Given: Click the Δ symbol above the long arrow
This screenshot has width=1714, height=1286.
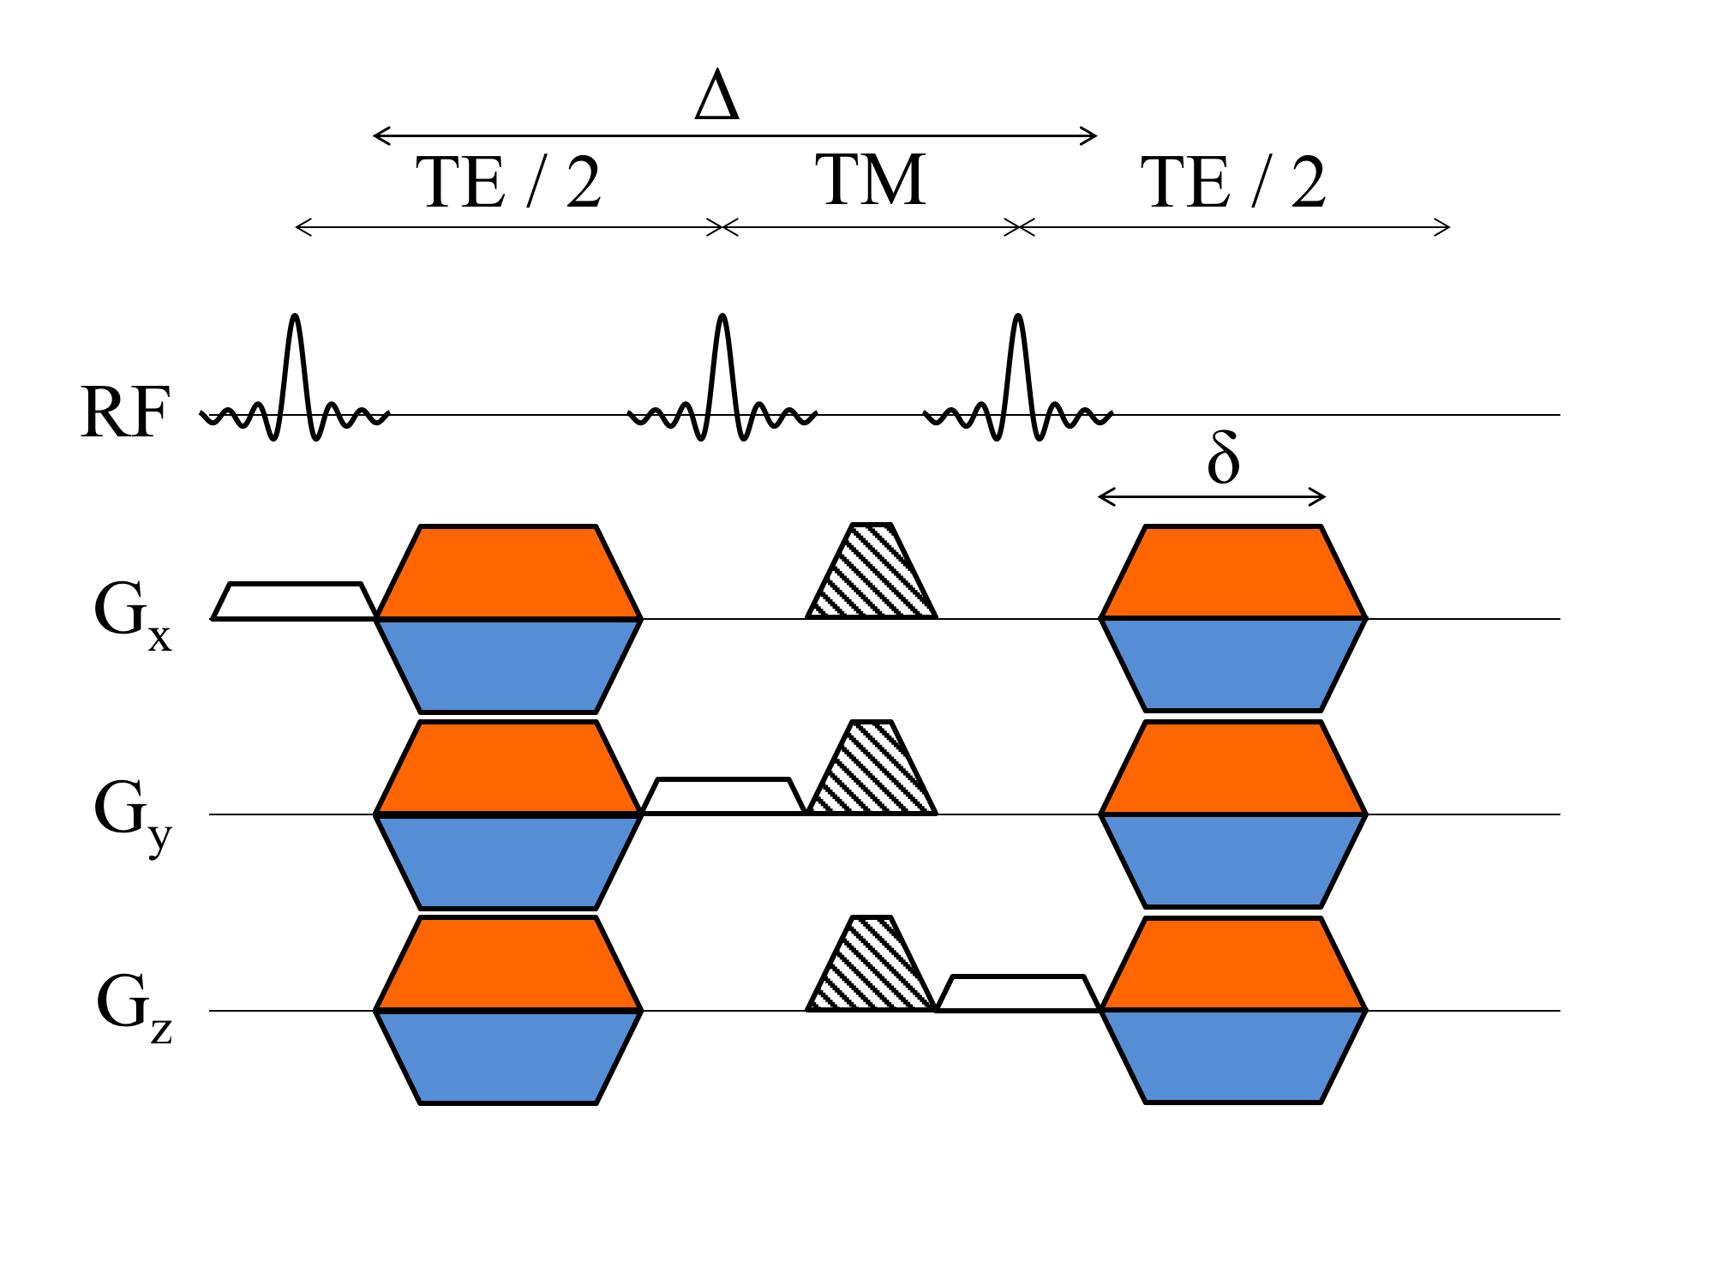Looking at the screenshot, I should (x=716, y=96).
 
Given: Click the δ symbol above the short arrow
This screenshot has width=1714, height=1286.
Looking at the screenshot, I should (x=1223, y=458).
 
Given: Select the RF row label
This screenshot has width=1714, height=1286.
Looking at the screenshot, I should (x=125, y=413).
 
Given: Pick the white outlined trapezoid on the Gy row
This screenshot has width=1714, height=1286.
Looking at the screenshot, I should (x=723, y=796).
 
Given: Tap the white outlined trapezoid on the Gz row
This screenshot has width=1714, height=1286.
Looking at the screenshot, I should (x=1018, y=994).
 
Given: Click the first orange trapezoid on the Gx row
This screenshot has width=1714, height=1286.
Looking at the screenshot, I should (x=508, y=573).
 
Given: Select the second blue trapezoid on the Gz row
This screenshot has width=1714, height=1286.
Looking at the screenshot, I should (x=1233, y=1056).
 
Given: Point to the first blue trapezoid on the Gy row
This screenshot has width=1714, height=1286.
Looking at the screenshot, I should (x=508, y=861).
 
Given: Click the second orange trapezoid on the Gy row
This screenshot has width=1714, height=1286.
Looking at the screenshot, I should (x=1233, y=768).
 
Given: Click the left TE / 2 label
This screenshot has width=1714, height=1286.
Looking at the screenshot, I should (x=508, y=183).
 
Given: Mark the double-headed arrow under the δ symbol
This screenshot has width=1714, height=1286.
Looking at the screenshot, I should (x=1212, y=496).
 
